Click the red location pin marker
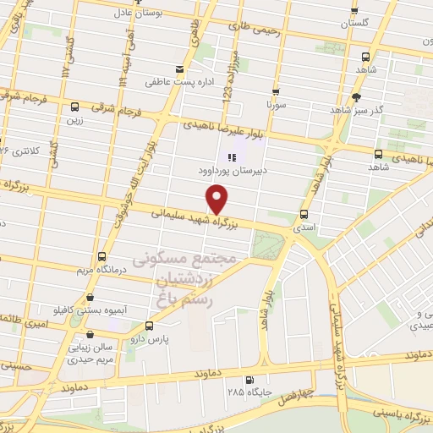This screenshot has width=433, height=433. [218, 199]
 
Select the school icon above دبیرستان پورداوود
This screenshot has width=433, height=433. [231, 156]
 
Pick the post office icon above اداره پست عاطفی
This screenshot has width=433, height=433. [178, 69]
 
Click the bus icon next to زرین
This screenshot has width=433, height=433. [75, 107]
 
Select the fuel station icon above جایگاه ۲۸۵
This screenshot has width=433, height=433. [249, 380]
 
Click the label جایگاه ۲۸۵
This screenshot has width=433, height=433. [246, 392]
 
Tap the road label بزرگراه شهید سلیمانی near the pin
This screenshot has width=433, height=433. [194, 217]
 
